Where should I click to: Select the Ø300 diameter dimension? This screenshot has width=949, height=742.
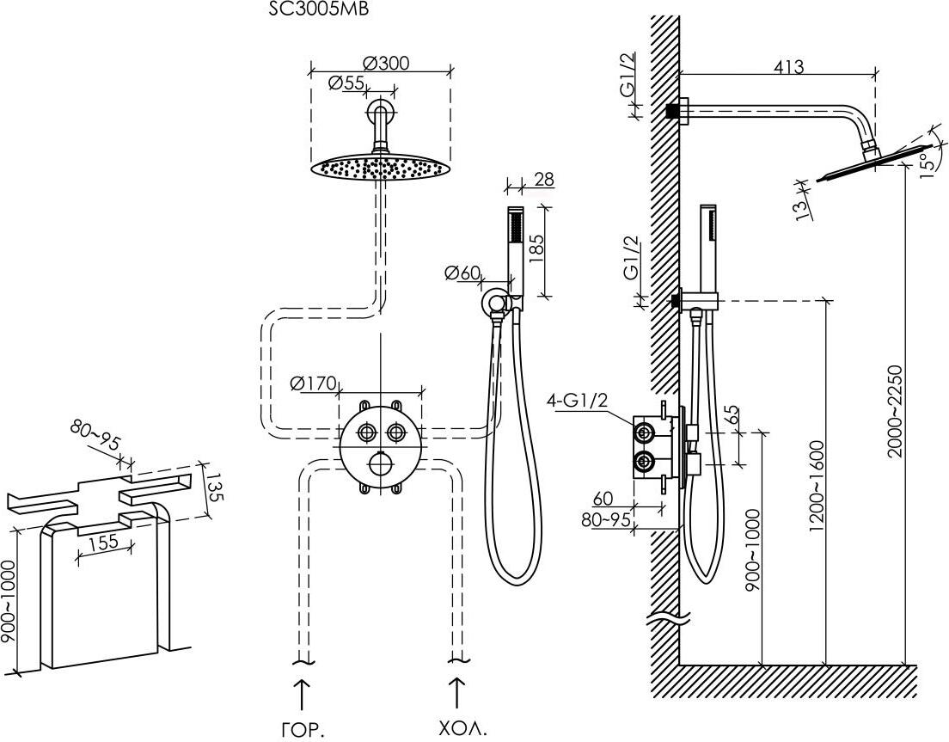pyautogui.click(x=385, y=63)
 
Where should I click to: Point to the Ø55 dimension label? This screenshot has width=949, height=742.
pyautogui.click(x=346, y=83)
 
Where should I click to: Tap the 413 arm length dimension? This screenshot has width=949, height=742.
pyautogui.click(x=788, y=66)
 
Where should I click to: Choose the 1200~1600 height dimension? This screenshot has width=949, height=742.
pyautogui.click(x=816, y=486)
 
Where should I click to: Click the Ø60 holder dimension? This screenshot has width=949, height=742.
pyautogui.click(x=462, y=273)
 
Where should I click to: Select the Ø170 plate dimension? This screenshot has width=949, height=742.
pyautogui.click(x=314, y=383)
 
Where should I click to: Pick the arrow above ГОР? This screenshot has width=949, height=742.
pyautogui.click(x=302, y=693)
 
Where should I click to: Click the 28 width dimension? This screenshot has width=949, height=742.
pyautogui.click(x=542, y=179)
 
